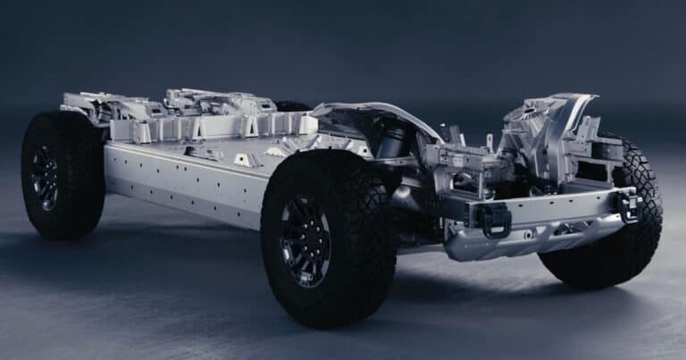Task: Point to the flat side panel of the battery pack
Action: (x=179, y=183)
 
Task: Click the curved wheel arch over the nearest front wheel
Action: (x=375, y=112)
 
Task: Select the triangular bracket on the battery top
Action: (x=244, y=159)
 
